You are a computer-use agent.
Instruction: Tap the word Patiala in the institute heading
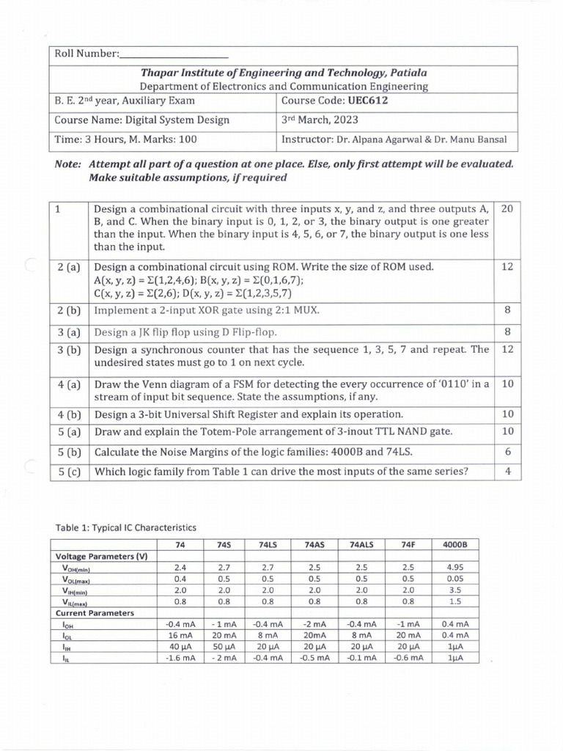tap(402, 73)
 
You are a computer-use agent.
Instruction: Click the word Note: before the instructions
tap(67, 165)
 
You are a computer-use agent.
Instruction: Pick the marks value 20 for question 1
tap(507, 209)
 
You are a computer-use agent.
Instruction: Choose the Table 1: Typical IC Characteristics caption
tap(126, 527)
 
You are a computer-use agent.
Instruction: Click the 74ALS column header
tap(361, 544)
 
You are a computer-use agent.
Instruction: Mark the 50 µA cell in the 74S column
tap(224, 647)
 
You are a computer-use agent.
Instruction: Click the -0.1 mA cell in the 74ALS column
tap(361, 659)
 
